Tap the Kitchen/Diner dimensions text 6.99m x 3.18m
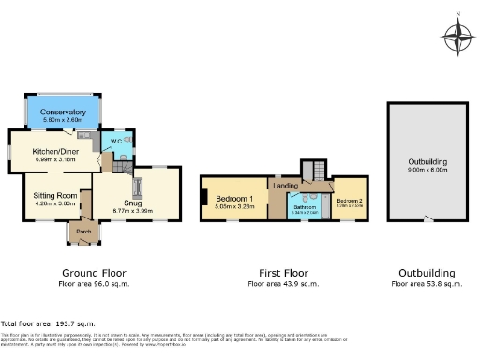coord(54,159)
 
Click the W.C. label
coord(116,142)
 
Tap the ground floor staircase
coord(106,163)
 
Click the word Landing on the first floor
coord(285,186)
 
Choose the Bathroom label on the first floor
coord(304,206)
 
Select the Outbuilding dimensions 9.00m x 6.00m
coord(427,170)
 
